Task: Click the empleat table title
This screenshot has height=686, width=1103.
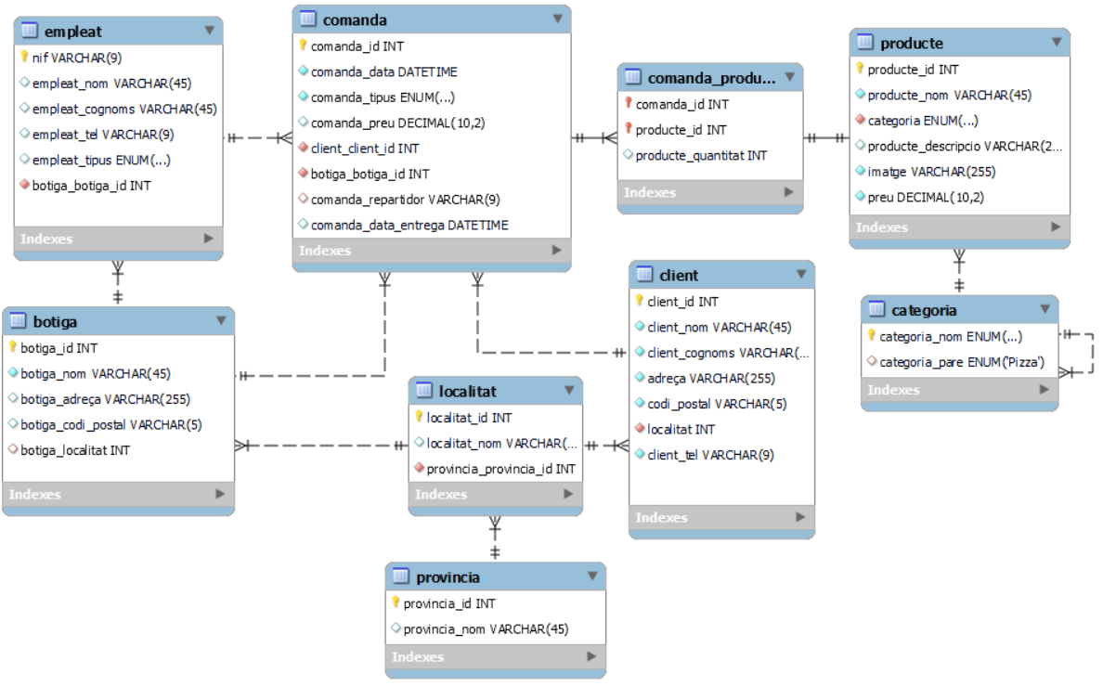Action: click(72, 31)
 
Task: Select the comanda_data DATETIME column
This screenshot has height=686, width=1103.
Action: click(383, 71)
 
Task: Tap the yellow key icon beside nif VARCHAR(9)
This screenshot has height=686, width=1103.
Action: click(24, 58)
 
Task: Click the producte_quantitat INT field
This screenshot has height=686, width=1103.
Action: click(701, 155)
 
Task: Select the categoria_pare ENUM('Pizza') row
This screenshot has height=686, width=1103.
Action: click(961, 362)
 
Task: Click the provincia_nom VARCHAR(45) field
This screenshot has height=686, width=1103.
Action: click(486, 628)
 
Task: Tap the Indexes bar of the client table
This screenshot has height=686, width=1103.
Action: click(661, 517)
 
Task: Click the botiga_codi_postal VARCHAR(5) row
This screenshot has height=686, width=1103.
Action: click(111, 424)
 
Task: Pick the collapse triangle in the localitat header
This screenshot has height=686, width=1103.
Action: click(568, 390)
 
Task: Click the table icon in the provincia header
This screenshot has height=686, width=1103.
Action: click(400, 576)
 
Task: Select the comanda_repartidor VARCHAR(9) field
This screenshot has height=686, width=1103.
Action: click(405, 200)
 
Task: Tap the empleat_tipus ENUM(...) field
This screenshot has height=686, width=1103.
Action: click(101, 160)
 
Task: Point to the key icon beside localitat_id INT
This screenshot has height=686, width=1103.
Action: click(419, 418)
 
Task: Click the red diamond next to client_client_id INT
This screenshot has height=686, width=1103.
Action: click(303, 148)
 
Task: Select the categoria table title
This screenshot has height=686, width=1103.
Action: click(923, 310)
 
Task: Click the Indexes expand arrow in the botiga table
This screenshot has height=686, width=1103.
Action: click(220, 494)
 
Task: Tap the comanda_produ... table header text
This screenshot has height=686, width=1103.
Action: click(711, 77)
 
